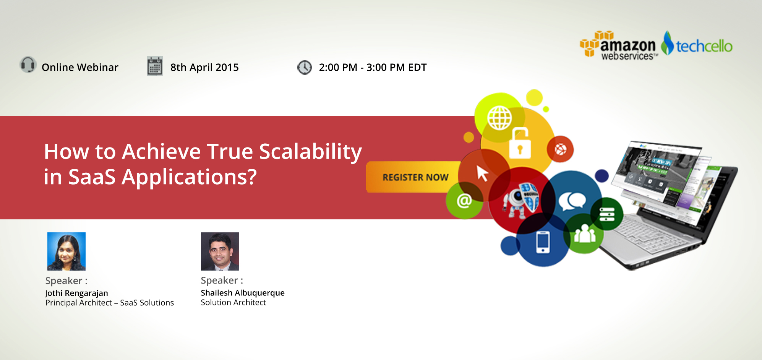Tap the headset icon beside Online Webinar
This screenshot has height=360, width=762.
click(x=28, y=65)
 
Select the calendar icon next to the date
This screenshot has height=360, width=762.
click(x=155, y=66)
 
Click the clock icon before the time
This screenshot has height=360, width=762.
click(x=305, y=67)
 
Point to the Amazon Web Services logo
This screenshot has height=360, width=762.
click(x=618, y=46)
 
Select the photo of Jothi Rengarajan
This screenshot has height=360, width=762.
click(x=66, y=251)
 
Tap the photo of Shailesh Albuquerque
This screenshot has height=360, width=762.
click(x=220, y=251)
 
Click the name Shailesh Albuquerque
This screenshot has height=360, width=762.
click(x=243, y=293)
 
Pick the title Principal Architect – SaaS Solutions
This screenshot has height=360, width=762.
click(x=110, y=303)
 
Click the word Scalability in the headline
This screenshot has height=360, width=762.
click(x=311, y=152)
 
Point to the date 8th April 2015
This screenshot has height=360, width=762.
click(x=204, y=67)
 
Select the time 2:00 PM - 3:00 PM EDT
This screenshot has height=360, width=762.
click(x=373, y=67)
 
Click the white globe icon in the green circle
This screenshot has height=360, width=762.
click(x=499, y=118)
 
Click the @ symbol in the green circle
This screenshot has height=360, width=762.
click(x=464, y=200)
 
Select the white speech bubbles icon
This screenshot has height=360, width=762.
click(x=572, y=201)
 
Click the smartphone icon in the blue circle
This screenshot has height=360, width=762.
click(x=543, y=242)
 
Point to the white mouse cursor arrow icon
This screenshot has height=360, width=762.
click(x=483, y=173)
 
